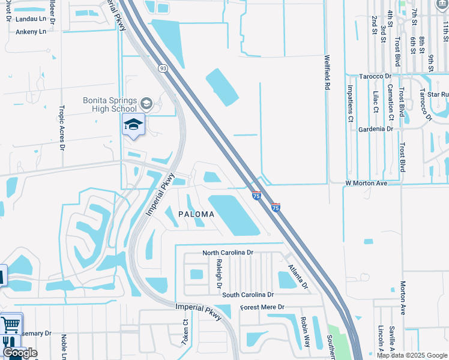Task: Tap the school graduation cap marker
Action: pos(134,125)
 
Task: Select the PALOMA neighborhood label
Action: pos(196,214)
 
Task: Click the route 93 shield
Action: pos(163,68)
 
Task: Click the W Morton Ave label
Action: pos(366,183)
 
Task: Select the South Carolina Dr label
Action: pos(247,295)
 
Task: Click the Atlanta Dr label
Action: pos(297,276)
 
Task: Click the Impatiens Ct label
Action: pos(351,99)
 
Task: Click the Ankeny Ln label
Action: pos(31,32)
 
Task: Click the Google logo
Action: pos(20,353)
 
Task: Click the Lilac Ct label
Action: pos(376,101)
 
